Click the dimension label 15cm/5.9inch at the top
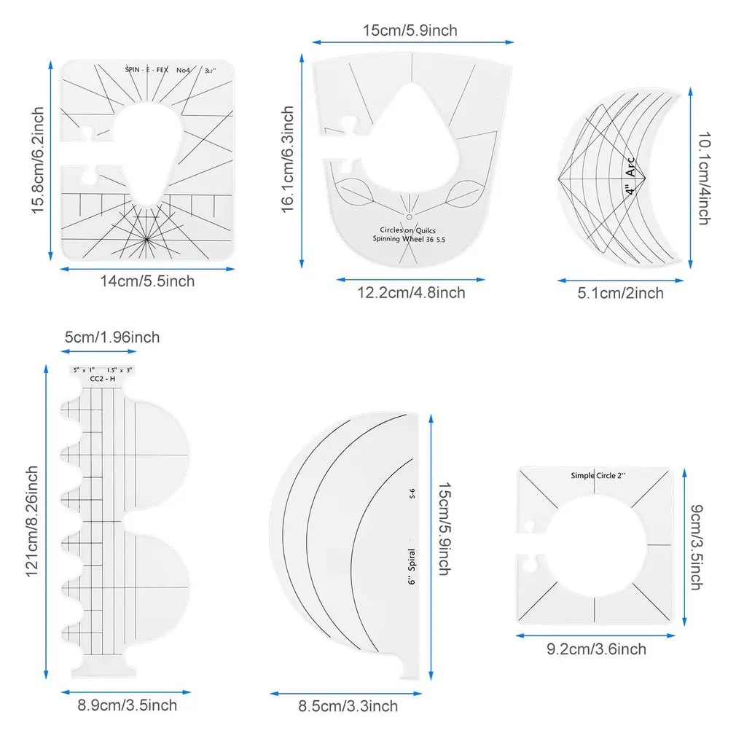pos(410,30)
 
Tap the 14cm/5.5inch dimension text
pos(148,280)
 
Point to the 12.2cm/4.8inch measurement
pos(411,292)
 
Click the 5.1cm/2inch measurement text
pos(621,293)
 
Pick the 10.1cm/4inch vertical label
pos(703,178)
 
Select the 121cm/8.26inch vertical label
pos(33,521)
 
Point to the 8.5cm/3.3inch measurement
pos(349,705)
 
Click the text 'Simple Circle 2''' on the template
pos(598,475)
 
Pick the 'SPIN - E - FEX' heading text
pos(146,70)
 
